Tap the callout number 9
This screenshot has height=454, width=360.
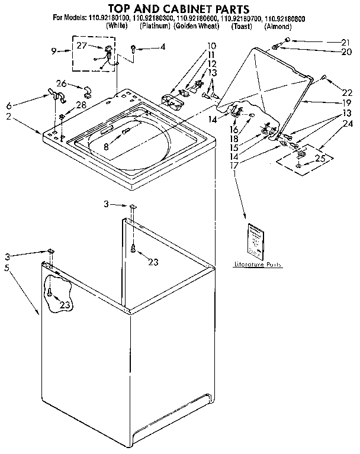(54, 51)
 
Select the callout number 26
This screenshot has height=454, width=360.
(62, 83)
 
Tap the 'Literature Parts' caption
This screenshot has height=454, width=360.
(258, 265)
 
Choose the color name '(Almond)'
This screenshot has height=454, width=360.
(277, 27)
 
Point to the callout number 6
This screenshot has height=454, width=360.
(9, 105)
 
